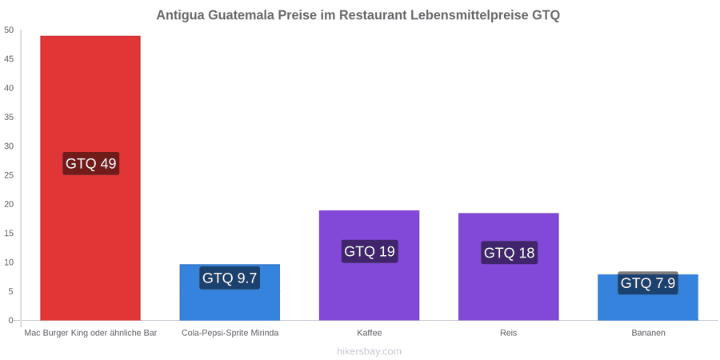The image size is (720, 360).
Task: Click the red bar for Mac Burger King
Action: point(90,178)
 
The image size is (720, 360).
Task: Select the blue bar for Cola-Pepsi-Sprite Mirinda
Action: point(230,292)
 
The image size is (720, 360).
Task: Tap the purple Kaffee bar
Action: point(369,265)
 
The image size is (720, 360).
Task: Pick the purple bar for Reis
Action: point(509,266)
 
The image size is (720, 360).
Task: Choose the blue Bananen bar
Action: point(648,297)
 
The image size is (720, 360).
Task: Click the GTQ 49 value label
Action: point(91,163)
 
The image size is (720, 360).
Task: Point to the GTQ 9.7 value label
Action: point(230,278)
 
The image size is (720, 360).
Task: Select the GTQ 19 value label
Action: point(370,251)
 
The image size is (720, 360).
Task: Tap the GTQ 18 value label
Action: point(510,253)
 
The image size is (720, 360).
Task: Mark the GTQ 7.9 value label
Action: point(648,283)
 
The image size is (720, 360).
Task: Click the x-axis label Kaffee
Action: point(370,333)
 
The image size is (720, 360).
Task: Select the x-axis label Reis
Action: point(509,333)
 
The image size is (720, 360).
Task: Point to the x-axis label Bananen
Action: point(648,333)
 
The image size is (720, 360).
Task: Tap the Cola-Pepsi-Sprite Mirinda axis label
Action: point(230,333)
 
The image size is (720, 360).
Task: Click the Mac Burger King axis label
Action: point(91,333)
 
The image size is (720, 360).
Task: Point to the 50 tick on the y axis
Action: point(9,30)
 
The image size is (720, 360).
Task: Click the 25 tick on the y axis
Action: point(9,175)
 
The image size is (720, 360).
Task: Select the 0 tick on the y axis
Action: point(11,321)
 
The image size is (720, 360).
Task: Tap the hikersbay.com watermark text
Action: point(369,351)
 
